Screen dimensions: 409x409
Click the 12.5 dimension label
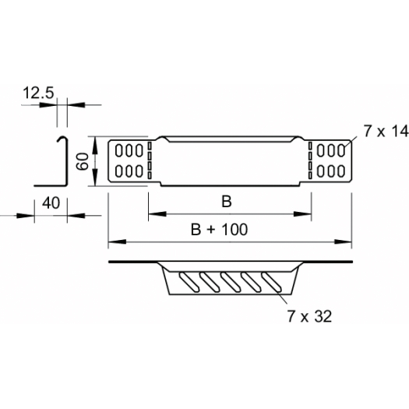click(x=38, y=93)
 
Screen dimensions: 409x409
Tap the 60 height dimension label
click(x=83, y=161)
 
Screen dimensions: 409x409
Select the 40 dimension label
click(x=51, y=203)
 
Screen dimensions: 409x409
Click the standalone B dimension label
click(x=227, y=202)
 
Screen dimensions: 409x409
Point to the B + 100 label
click(x=219, y=230)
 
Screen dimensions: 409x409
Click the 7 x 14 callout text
click(x=386, y=131)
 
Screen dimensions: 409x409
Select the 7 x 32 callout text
click(x=309, y=316)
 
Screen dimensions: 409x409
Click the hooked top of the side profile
click(x=62, y=138)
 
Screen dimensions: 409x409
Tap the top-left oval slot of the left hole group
click(x=119, y=151)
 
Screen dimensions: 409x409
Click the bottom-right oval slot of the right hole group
click(x=341, y=171)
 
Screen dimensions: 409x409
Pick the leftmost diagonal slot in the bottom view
click(x=189, y=282)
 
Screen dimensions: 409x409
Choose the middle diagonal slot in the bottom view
click(x=231, y=282)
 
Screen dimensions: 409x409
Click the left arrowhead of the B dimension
click(x=157, y=214)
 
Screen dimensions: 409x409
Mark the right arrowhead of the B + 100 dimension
click(x=343, y=242)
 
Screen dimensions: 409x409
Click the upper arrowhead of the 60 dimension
click(x=95, y=145)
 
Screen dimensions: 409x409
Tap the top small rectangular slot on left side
click(x=150, y=146)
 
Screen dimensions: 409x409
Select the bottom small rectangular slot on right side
click(x=310, y=175)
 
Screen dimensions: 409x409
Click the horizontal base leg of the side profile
click(x=50, y=186)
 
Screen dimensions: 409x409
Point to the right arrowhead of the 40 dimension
click(x=76, y=216)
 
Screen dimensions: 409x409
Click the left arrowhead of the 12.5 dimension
click(x=48, y=105)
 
